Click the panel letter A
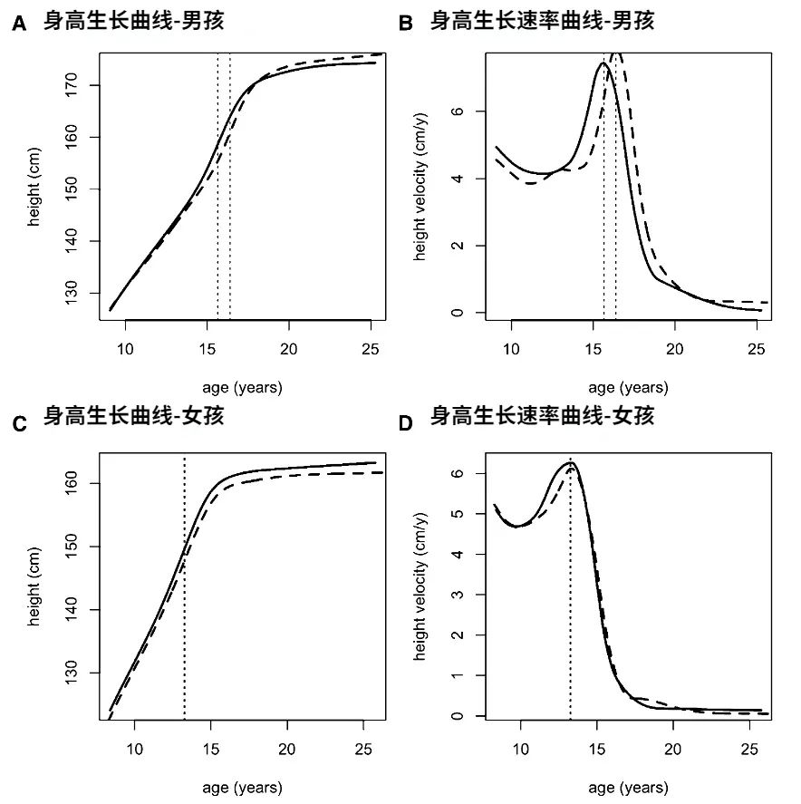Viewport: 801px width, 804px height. click(x=18, y=25)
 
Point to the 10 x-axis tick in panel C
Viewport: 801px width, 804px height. click(x=135, y=750)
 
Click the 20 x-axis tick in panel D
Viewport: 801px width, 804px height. click(x=673, y=750)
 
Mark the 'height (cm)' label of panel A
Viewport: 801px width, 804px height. click(x=34, y=189)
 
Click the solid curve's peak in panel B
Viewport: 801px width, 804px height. click(x=602, y=63)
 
